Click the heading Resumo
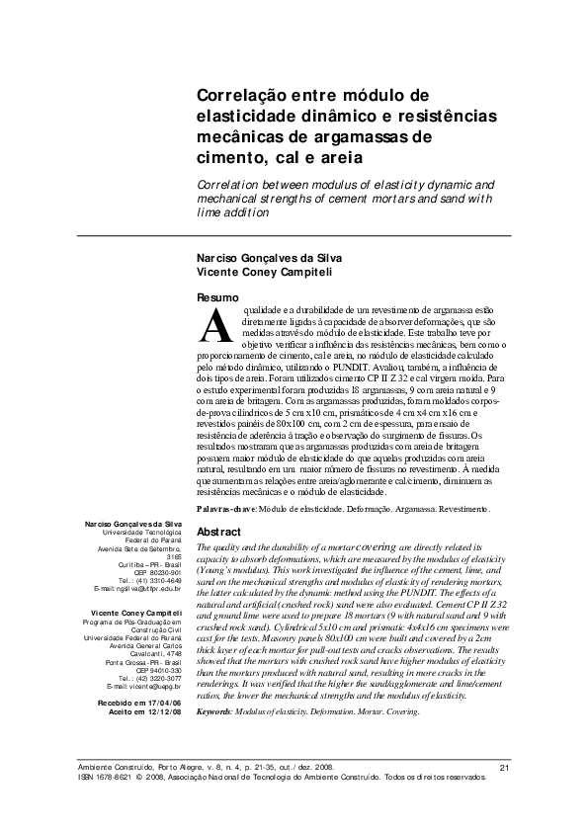[x=217, y=297]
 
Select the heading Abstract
[x=220, y=532]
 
